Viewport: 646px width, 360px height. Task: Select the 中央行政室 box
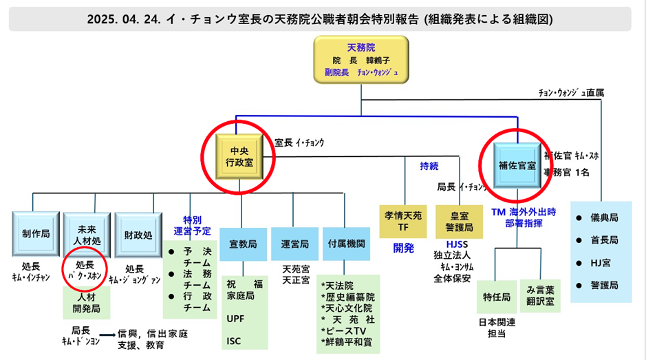239,156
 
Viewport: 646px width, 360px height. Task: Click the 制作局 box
35,234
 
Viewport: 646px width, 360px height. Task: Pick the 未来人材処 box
87,234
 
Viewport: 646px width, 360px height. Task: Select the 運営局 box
294,244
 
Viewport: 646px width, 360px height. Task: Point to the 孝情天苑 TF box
403,221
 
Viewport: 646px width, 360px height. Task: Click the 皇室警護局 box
459,221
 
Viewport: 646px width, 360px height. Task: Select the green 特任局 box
496,297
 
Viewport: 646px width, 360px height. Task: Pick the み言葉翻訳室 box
541,297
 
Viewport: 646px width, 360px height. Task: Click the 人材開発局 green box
87,304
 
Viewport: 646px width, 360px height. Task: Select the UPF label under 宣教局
236,319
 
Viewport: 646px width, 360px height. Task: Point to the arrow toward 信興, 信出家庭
107,333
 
